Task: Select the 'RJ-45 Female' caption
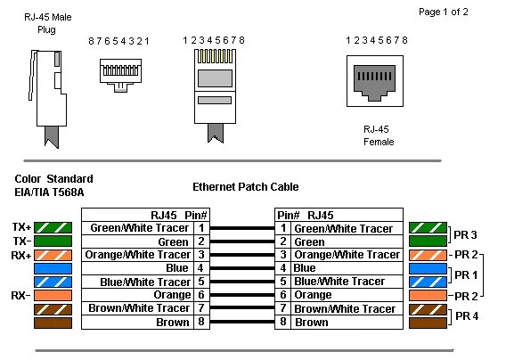click(378, 135)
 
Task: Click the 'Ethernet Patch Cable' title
click(245, 187)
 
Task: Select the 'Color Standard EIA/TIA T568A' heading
click(53, 184)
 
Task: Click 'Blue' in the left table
click(176, 268)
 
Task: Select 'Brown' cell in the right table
click(311, 322)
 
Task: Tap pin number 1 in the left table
click(201, 228)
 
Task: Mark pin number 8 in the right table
click(283, 322)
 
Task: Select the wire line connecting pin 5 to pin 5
click(242, 282)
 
